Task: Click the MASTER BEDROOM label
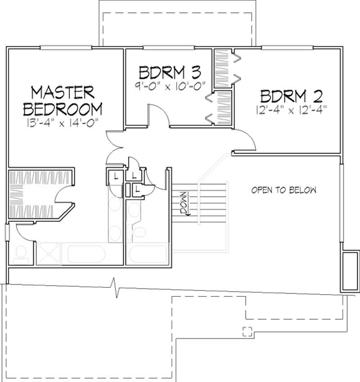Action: pyautogui.click(x=63, y=100)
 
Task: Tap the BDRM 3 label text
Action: pyautogui.click(x=169, y=72)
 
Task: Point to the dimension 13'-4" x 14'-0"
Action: pyautogui.click(x=63, y=121)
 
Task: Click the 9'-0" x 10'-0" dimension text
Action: pyautogui.click(x=169, y=86)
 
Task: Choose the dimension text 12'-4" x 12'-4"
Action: pyautogui.click(x=287, y=109)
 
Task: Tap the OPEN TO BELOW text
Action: pyautogui.click(x=283, y=190)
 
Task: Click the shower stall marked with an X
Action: pyautogui.click(x=49, y=254)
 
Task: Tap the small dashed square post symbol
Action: pyautogui.click(x=247, y=331)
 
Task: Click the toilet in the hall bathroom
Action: pyautogui.click(x=140, y=232)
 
